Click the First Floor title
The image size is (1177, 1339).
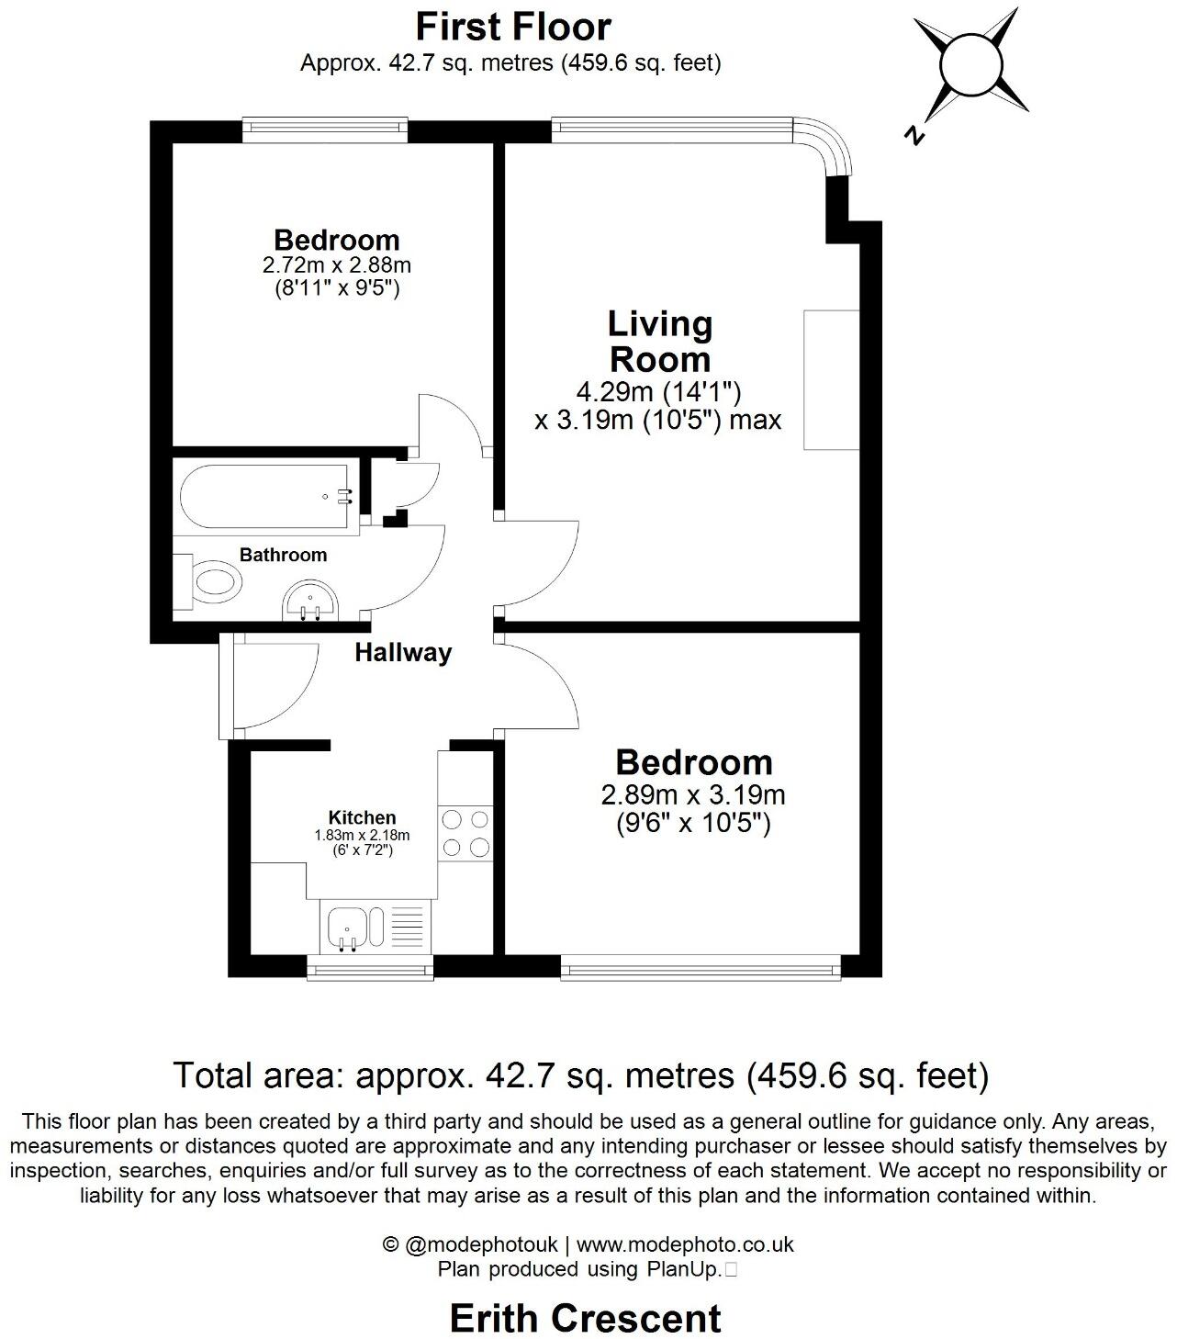pyautogui.click(x=512, y=27)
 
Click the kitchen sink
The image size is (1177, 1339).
pyautogui.click(x=348, y=926)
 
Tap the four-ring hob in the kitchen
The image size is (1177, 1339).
pyautogui.click(x=465, y=833)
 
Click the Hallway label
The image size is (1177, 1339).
pyautogui.click(x=403, y=653)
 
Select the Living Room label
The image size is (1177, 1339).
pyautogui.click(x=659, y=341)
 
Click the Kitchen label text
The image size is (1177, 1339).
pyautogui.click(x=363, y=817)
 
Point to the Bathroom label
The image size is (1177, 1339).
pyautogui.click(x=283, y=555)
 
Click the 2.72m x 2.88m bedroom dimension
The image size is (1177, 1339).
pyautogui.click(x=336, y=266)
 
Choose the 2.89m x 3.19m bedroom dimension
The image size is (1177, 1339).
pyautogui.click(x=693, y=794)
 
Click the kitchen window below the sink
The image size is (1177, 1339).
pyautogui.click(x=369, y=966)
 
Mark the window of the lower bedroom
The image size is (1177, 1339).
pyautogui.click(x=700, y=966)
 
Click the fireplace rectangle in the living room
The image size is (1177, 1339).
pyautogui.click(x=831, y=379)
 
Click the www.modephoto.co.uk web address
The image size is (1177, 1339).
pyautogui.click(x=685, y=1244)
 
